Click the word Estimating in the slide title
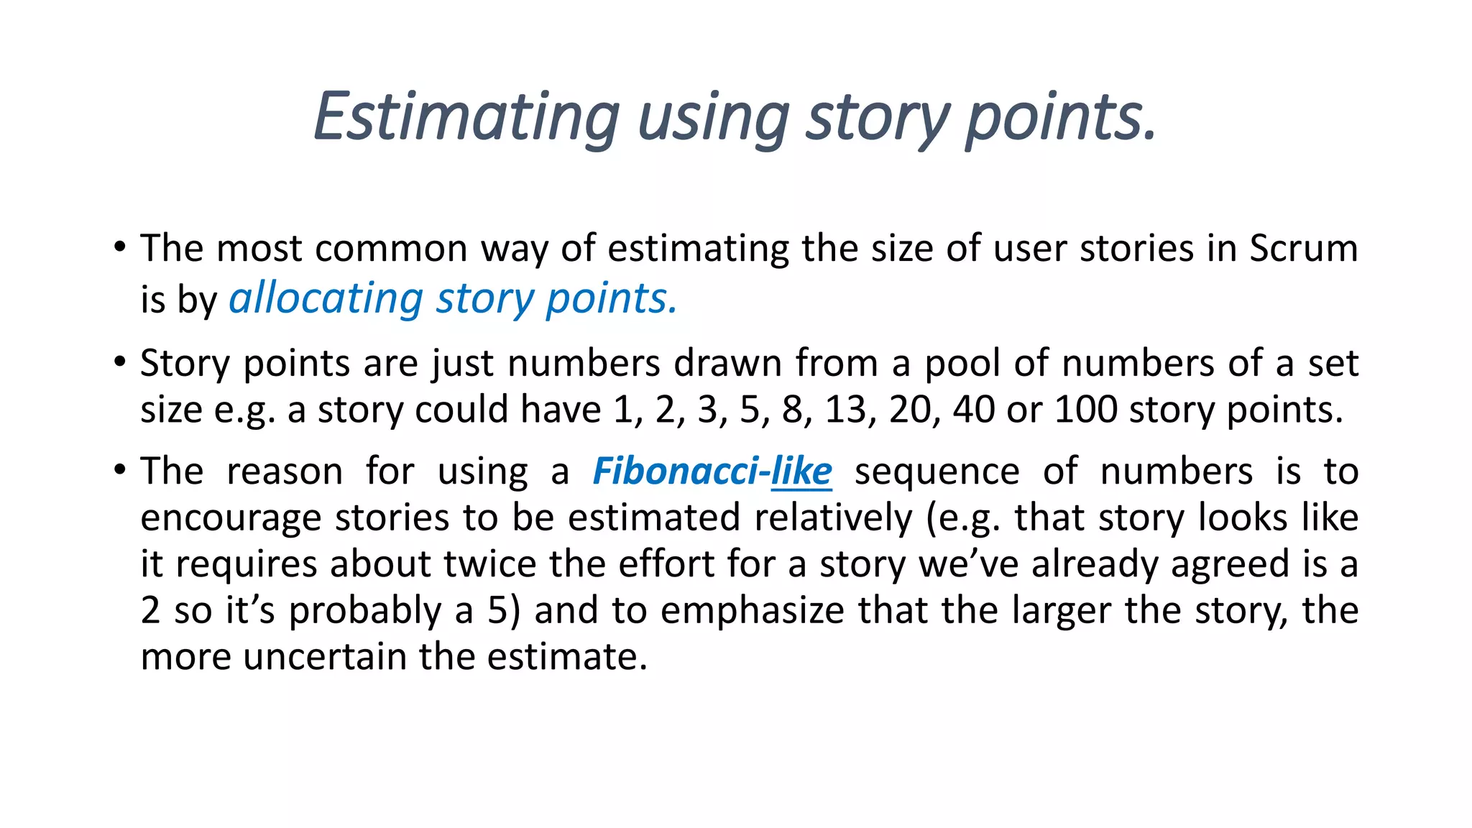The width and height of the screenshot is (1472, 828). click(x=466, y=117)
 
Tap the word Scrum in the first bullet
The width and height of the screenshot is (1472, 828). click(x=1303, y=249)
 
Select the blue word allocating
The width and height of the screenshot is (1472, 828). click(x=326, y=298)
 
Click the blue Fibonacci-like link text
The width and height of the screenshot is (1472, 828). click(x=712, y=472)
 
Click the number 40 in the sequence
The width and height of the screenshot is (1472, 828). click(x=973, y=410)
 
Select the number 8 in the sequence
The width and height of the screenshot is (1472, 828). click(x=793, y=410)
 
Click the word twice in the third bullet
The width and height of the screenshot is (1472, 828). click(x=489, y=564)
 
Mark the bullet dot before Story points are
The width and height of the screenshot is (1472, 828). click(x=119, y=361)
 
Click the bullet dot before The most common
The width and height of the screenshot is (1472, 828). click(x=119, y=247)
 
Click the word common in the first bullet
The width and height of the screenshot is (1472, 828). click(x=391, y=249)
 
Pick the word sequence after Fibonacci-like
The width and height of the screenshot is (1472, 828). click(x=937, y=473)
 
